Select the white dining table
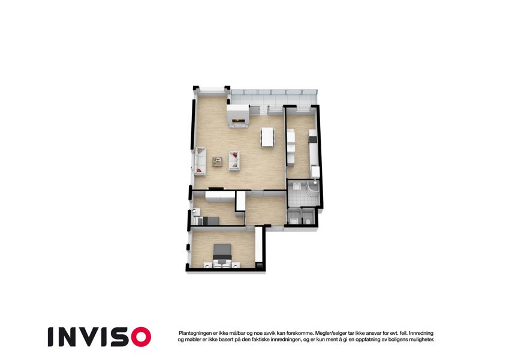tap(268, 137)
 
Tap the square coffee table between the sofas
tap(217, 161)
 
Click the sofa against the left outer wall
tap(200, 161)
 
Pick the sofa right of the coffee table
tap(234, 161)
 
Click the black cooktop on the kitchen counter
tap(312, 139)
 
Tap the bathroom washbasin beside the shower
tap(297, 186)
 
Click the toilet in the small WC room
tap(308, 221)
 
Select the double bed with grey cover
tap(222, 253)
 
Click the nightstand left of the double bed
tap(208, 265)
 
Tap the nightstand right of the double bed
tap(236, 265)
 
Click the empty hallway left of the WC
tap(266, 210)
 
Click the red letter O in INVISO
tap(141, 337)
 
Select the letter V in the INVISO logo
tap(91, 337)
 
